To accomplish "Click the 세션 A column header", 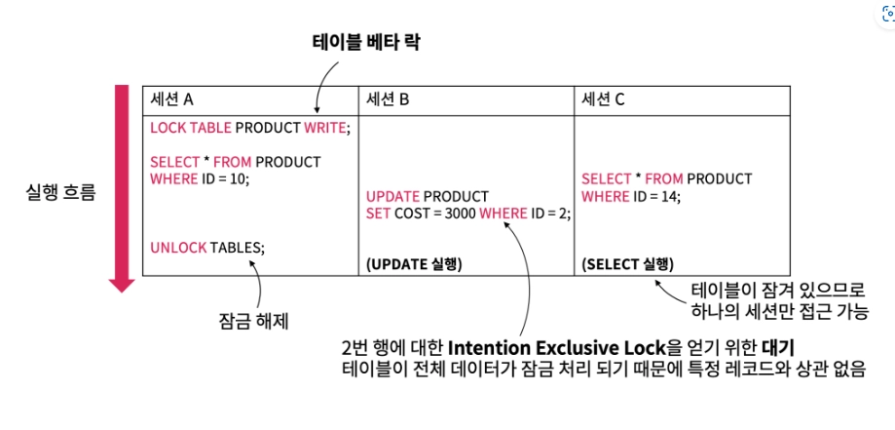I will point(172,98).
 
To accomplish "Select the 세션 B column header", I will point(388,98).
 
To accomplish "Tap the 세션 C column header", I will point(603,98).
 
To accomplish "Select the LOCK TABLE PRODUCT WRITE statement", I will point(249,128).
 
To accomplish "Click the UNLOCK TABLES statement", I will point(206,248).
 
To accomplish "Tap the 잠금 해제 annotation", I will point(255,320).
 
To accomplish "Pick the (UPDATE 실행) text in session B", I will point(414,264).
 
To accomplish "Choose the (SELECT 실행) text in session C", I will point(627,264).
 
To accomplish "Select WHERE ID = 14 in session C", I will point(631,197).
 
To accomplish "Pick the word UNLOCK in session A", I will point(178,248).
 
